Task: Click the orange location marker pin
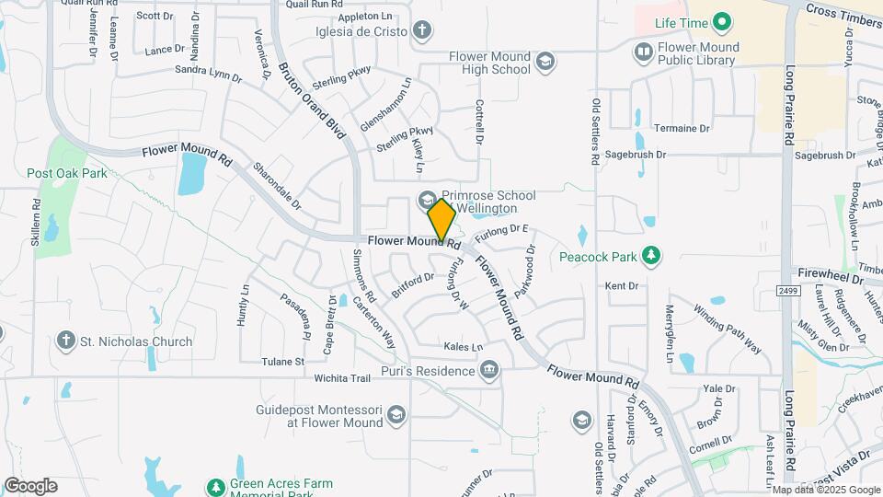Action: pyautogui.click(x=441, y=220)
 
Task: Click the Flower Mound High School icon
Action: pyautogui.click(x=545, y=62)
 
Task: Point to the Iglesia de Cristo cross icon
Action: pyautogui.click(x=422, y=30)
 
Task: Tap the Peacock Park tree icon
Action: pyautogui.click(x=651, y=256)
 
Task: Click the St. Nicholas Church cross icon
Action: pyautogui.click(x=65, y=341)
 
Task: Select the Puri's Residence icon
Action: pyautogui.click(x=490, y=370)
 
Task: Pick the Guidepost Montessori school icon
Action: pyautogui.click(x=396, y=415)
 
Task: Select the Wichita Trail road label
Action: pyautogui.click(x=340, y=377)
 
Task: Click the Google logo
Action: pyautogui.click(x=30, y=485)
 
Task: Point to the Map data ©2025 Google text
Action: pyautogui.click(x=825, y=490)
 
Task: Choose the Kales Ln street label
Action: pyautogui.click(x=463, y=348)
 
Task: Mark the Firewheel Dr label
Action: pyautogui.click(x=831, y=273)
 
